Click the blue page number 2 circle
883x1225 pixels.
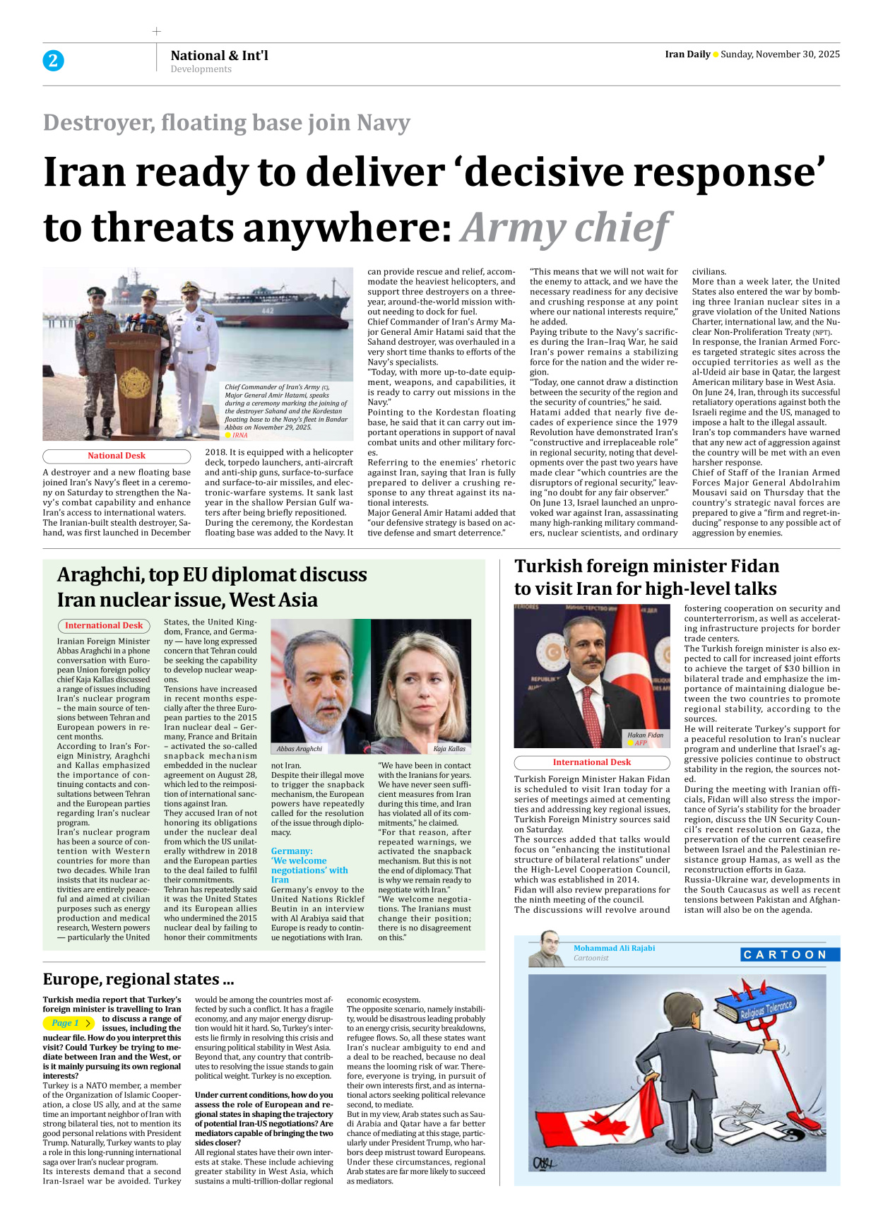click(x=53, y=61)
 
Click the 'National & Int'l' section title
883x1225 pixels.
click(x=219, y=55)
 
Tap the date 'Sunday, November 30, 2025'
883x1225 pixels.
click(x=780, y=54)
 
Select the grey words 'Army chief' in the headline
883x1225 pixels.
click(x=565, y=228)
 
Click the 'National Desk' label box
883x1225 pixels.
click(x=117, y=456)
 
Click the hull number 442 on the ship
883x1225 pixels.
click(x=268, y=310)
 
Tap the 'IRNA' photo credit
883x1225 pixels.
click(x=239, y=436)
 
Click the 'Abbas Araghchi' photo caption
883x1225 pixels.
click(x=300, y=749)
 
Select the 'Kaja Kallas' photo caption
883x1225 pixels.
click(x=449, y=749)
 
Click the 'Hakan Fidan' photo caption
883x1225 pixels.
click(x=645, y=735)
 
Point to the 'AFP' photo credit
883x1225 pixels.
click(x=640, y=743)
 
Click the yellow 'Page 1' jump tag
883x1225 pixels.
click(x=68, y=1023)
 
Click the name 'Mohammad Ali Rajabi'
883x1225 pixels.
click(x=614, y=948)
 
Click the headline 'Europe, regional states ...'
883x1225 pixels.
click(x=138, y=979)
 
